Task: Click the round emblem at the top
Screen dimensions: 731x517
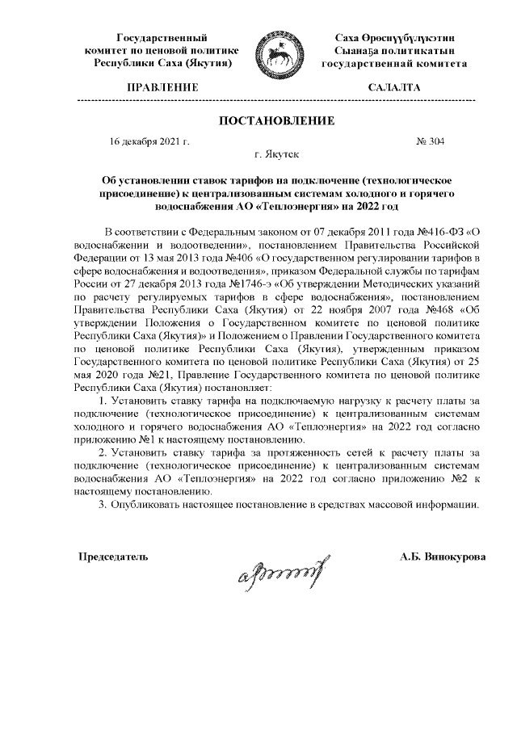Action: click(277, 51)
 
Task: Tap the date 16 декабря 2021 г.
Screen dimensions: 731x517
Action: click(149, 141)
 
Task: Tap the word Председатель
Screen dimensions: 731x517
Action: click(113, 557)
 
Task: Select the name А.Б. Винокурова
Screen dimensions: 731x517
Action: click(443, 557)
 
